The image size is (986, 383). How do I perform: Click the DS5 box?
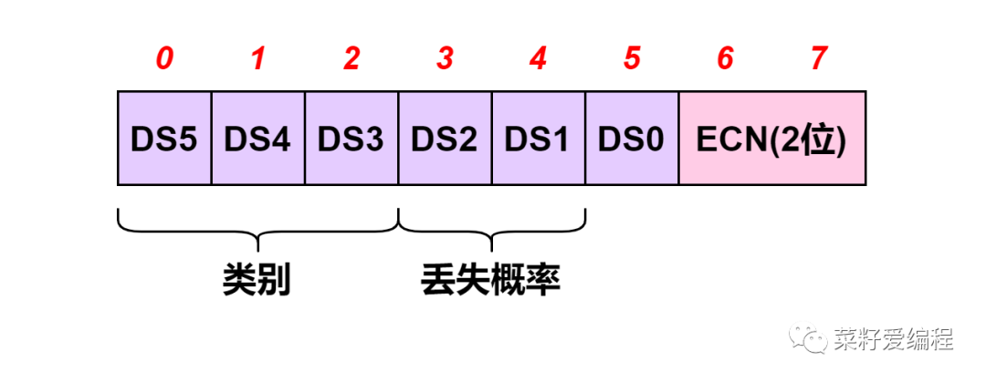(164, 139)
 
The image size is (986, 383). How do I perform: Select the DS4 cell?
(258, 139)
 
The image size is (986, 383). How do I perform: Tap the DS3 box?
(351, 139)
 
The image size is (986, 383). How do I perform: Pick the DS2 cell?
(446, 139)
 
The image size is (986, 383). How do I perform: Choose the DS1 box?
(539, 139)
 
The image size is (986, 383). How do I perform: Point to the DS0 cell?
(632, 139)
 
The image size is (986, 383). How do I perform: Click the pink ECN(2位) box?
(772, 139)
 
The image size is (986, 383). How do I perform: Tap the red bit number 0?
(164, 59)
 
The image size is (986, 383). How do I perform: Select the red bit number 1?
(258, 59)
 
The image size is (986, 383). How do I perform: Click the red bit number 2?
(351, 59)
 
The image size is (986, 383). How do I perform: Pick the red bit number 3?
(446, 59)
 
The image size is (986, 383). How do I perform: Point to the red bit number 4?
(539, 59)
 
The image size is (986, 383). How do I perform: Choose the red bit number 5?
(632, 59)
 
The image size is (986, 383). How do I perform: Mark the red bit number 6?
(726, 59)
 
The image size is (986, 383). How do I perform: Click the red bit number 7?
(819, 59)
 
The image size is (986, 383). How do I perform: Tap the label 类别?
(257, 280)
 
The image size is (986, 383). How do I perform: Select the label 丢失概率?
(491, 280)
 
